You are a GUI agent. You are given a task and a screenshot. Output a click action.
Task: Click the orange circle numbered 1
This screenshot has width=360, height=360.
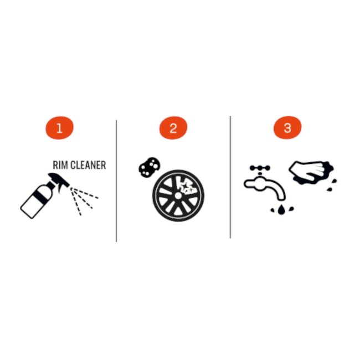pos(59,127)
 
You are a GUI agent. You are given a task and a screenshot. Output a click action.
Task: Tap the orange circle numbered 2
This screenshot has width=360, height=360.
pos(173,127)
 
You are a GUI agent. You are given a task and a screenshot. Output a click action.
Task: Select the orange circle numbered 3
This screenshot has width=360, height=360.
pos(287,127)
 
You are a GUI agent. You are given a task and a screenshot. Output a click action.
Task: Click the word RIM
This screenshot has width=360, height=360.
pos(60,165)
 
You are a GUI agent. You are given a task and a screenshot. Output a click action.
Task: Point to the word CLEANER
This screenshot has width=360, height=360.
pos(88,165)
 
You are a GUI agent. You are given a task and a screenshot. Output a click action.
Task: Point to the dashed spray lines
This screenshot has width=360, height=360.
pos(84,200)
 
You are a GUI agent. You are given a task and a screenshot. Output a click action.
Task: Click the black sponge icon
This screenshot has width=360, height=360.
pos(149,167)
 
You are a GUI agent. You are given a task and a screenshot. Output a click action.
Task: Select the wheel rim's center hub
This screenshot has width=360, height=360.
pos(178,196)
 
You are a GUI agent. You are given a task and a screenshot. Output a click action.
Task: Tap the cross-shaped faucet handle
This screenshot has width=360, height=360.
pos(260,168)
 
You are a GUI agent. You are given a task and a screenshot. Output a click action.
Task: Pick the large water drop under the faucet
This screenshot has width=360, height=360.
pos(281,209)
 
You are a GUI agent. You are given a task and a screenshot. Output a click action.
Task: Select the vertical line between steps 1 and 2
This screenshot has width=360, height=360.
pos(116,181)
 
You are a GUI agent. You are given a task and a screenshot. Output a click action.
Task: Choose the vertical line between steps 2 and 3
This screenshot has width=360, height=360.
pos(230,177)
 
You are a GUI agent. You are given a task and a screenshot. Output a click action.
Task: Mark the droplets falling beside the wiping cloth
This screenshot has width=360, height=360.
pos(332,185)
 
